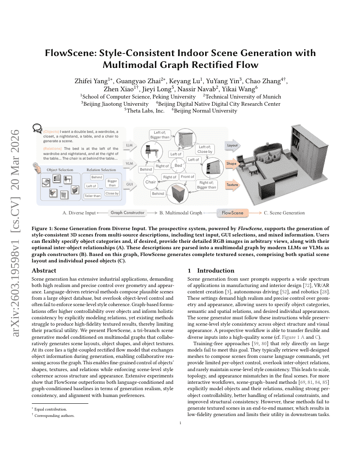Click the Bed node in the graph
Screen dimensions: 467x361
pos(178,166)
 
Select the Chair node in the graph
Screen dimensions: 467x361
pos(151,182)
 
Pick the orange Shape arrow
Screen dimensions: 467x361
pos(232,163)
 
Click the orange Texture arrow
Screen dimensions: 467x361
pos(232,185)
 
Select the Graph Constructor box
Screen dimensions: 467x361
pos(127,213)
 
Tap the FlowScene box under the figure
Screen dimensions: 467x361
pos(232,213)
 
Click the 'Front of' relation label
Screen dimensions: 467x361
pos(187,177)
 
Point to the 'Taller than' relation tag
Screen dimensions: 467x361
pos(92,196)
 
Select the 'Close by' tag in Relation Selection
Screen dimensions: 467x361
pos(112,193)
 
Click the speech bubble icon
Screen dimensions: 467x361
pos(37,128)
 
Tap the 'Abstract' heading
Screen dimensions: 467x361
pos(44,270)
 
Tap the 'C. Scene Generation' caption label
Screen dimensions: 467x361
pos(284,213)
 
